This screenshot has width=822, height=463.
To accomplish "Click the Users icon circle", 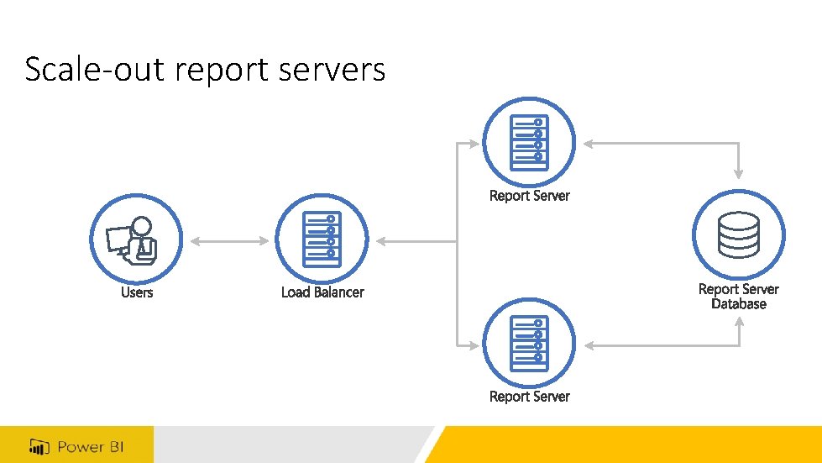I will (136, 241).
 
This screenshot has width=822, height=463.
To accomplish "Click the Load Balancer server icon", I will (322, 241).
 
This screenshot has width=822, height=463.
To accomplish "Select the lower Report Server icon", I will (529, 345).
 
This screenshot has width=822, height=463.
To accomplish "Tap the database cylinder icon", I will (739, 235).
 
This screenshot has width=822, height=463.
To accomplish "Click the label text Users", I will (137, 292).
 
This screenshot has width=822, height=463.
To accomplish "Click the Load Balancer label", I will (322, 292).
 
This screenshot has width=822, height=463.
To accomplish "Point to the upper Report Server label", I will (529, 196).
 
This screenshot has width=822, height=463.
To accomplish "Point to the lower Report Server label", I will (529, 396).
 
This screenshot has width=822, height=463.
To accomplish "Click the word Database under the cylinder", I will (739, 304).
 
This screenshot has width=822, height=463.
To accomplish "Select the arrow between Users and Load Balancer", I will (229, 241).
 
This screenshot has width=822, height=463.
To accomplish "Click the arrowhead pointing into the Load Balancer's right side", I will (380, 241).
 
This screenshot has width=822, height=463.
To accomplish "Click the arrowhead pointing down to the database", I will (739, 173).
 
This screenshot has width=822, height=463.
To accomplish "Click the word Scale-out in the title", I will (96, 69).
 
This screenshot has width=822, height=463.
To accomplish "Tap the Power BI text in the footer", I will (90, 446).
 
